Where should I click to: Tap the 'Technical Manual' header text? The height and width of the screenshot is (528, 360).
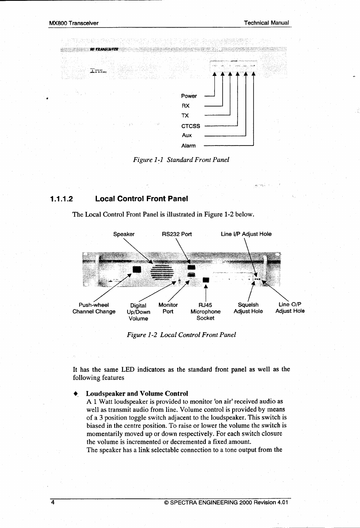click(x=266, y=23)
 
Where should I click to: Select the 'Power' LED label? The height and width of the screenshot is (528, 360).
click(x=189, y=96)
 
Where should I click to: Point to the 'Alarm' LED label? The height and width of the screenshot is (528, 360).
click(x=188, y=145)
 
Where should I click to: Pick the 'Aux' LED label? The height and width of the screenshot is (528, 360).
click(x=187, y=135)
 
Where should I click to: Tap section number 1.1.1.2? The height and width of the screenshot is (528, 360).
click(x=61, y=199)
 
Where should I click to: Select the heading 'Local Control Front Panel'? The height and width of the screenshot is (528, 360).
click(x=141, y=199)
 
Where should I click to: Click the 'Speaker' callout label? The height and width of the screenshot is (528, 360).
click(x=124, y=234)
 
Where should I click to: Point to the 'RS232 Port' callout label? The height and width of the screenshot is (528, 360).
click(x=177, y=234)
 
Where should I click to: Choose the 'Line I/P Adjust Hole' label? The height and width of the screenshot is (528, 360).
click(x=246, y=234)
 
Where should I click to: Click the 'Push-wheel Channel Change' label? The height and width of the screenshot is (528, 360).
click(x=94, y=308)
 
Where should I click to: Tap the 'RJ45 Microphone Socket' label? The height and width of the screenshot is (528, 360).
click(x=205, y=312)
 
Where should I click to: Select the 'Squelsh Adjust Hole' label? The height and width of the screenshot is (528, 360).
click(x=248, y=308)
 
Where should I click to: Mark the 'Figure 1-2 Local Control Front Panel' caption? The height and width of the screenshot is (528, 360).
click(x=181, y=335)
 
